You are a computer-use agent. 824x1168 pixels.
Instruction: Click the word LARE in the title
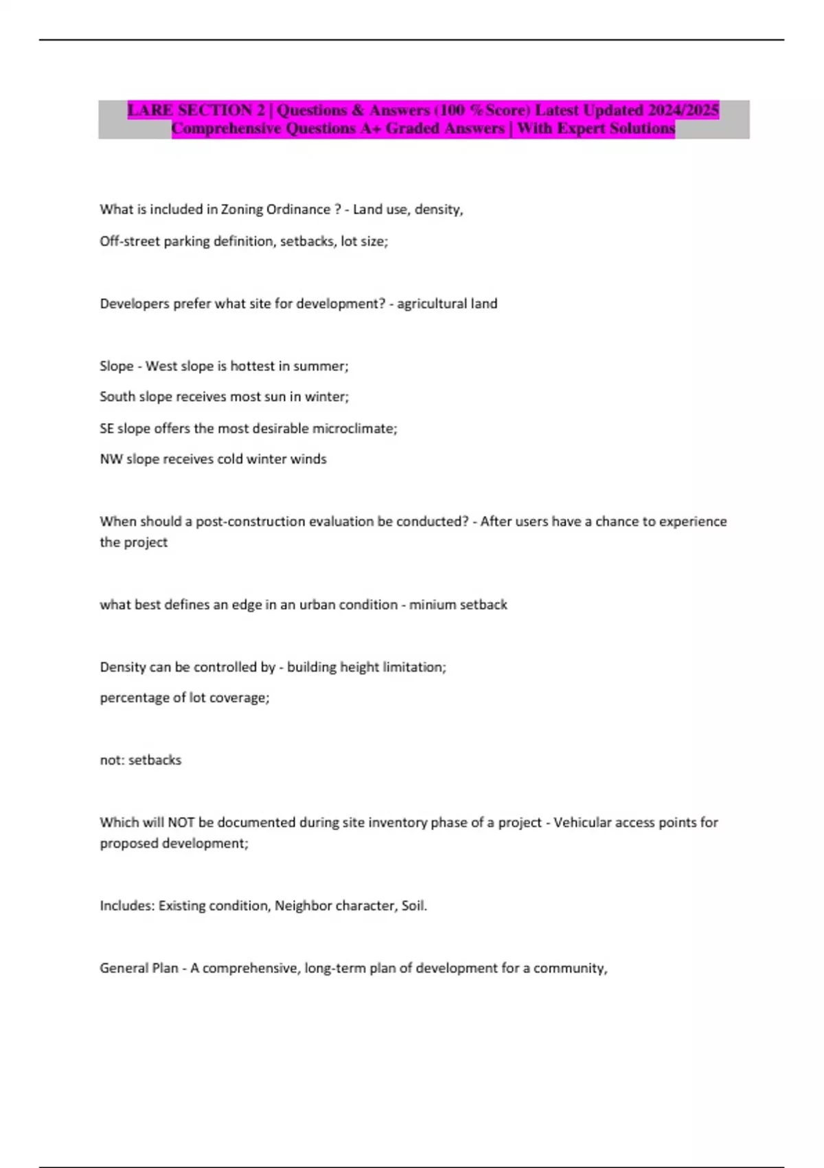pos(150,110)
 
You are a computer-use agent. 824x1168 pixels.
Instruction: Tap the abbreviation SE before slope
pos(106,428)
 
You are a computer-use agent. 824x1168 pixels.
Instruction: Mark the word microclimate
pos(354,428)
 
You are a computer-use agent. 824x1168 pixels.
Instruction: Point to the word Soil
pos(414,906)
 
